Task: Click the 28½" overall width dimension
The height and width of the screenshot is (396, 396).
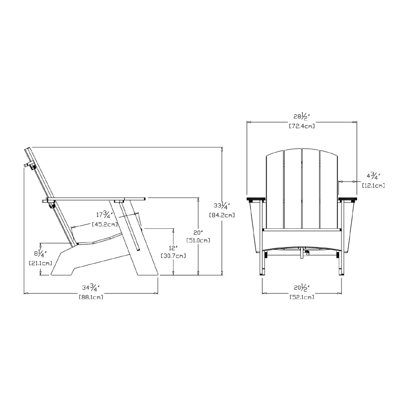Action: (301, 117)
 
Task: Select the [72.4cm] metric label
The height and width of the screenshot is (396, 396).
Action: (301, 126)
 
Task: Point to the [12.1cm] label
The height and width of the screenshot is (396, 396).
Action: (373, 186)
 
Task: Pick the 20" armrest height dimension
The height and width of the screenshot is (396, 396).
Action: (198, 232)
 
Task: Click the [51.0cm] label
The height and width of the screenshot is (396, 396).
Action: (198, 240)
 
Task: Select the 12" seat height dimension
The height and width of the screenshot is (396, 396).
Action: (173, 248)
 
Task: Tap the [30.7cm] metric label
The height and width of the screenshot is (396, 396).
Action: (173, 256)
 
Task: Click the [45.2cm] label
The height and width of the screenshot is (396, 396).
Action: (105, 224)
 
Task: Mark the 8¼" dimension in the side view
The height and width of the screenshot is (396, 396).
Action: (40, 254)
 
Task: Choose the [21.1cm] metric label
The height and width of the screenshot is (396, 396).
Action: (40, 263)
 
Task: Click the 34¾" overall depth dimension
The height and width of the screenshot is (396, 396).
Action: (91, 288)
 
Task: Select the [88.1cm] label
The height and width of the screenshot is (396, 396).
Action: (91, 297)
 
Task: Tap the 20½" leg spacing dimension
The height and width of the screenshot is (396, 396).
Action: (301, 288)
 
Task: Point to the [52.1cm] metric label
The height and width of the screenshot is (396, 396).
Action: (301, 297)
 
